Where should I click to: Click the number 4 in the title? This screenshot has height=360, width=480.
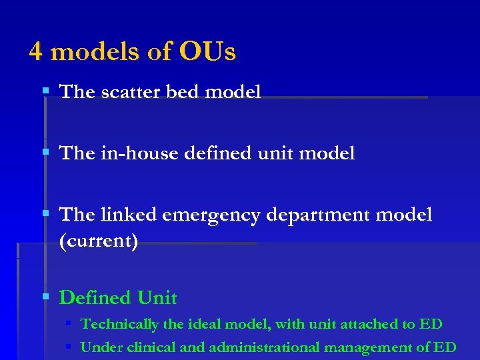pos(37,51)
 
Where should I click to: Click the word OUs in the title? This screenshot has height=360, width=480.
pos(207,51)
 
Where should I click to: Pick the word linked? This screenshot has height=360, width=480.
pos(129,215)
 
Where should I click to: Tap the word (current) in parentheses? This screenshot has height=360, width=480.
pos(99,241)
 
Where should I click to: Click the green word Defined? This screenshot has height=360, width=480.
pos(95,297)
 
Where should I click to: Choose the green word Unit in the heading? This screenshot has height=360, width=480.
pos(157,297)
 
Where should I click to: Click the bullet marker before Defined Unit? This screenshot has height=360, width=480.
pos(45,296)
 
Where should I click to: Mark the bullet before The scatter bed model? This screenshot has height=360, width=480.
pos(45,91)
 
